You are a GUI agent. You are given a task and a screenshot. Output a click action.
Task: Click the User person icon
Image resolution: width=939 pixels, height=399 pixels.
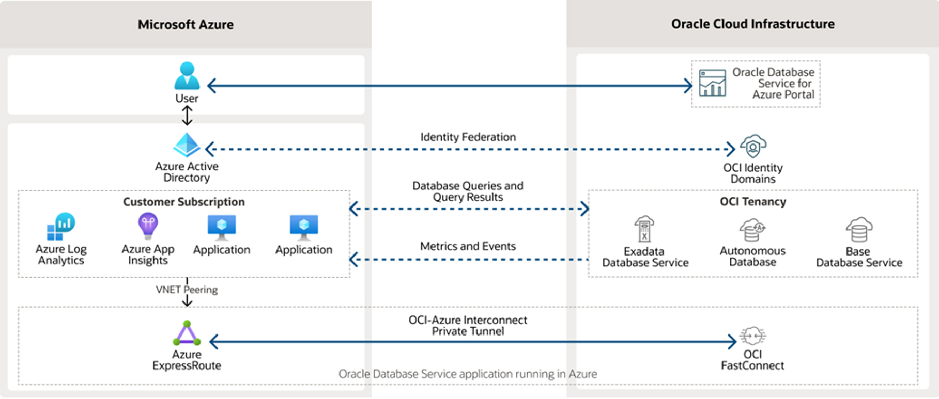187,76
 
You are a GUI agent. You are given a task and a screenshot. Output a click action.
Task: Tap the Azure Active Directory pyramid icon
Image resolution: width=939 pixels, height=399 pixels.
187,145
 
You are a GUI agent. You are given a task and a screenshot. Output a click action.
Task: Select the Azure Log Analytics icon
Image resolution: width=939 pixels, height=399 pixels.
61,227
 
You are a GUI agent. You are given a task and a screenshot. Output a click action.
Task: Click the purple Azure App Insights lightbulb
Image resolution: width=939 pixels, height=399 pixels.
148,225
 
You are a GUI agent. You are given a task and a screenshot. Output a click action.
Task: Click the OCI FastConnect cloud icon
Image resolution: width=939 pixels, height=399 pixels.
752,336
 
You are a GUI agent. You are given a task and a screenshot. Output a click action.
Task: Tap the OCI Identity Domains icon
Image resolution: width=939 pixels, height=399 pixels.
753,147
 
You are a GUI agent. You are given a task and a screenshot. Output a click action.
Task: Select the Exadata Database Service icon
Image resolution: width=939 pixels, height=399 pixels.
644,229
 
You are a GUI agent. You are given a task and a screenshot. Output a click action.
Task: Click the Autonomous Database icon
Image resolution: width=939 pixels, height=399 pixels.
752,230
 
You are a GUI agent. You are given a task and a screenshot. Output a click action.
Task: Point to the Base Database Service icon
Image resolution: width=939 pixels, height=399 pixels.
859,230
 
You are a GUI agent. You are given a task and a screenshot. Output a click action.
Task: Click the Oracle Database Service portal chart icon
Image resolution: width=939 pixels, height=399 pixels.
712,83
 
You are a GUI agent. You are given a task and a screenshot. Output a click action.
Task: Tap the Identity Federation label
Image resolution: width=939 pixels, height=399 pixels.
468,137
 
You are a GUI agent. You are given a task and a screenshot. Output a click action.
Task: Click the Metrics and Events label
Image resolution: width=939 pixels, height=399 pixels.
468,246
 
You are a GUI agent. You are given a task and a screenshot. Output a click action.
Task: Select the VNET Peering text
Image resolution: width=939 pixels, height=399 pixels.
187,290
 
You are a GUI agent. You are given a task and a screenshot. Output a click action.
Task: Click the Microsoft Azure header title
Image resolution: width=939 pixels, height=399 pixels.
186,25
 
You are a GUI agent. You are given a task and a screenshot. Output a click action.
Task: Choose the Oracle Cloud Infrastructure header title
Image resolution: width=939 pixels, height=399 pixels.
752,24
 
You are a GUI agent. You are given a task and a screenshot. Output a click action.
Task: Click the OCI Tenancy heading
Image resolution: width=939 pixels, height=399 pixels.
752,202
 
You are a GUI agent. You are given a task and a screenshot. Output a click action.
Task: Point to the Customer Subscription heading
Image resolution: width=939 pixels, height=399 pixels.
184,202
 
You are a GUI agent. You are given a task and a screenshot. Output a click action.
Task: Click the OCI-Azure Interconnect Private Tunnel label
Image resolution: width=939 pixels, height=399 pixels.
468,326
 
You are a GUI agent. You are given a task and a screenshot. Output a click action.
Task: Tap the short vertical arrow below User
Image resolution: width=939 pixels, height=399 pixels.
187,116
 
